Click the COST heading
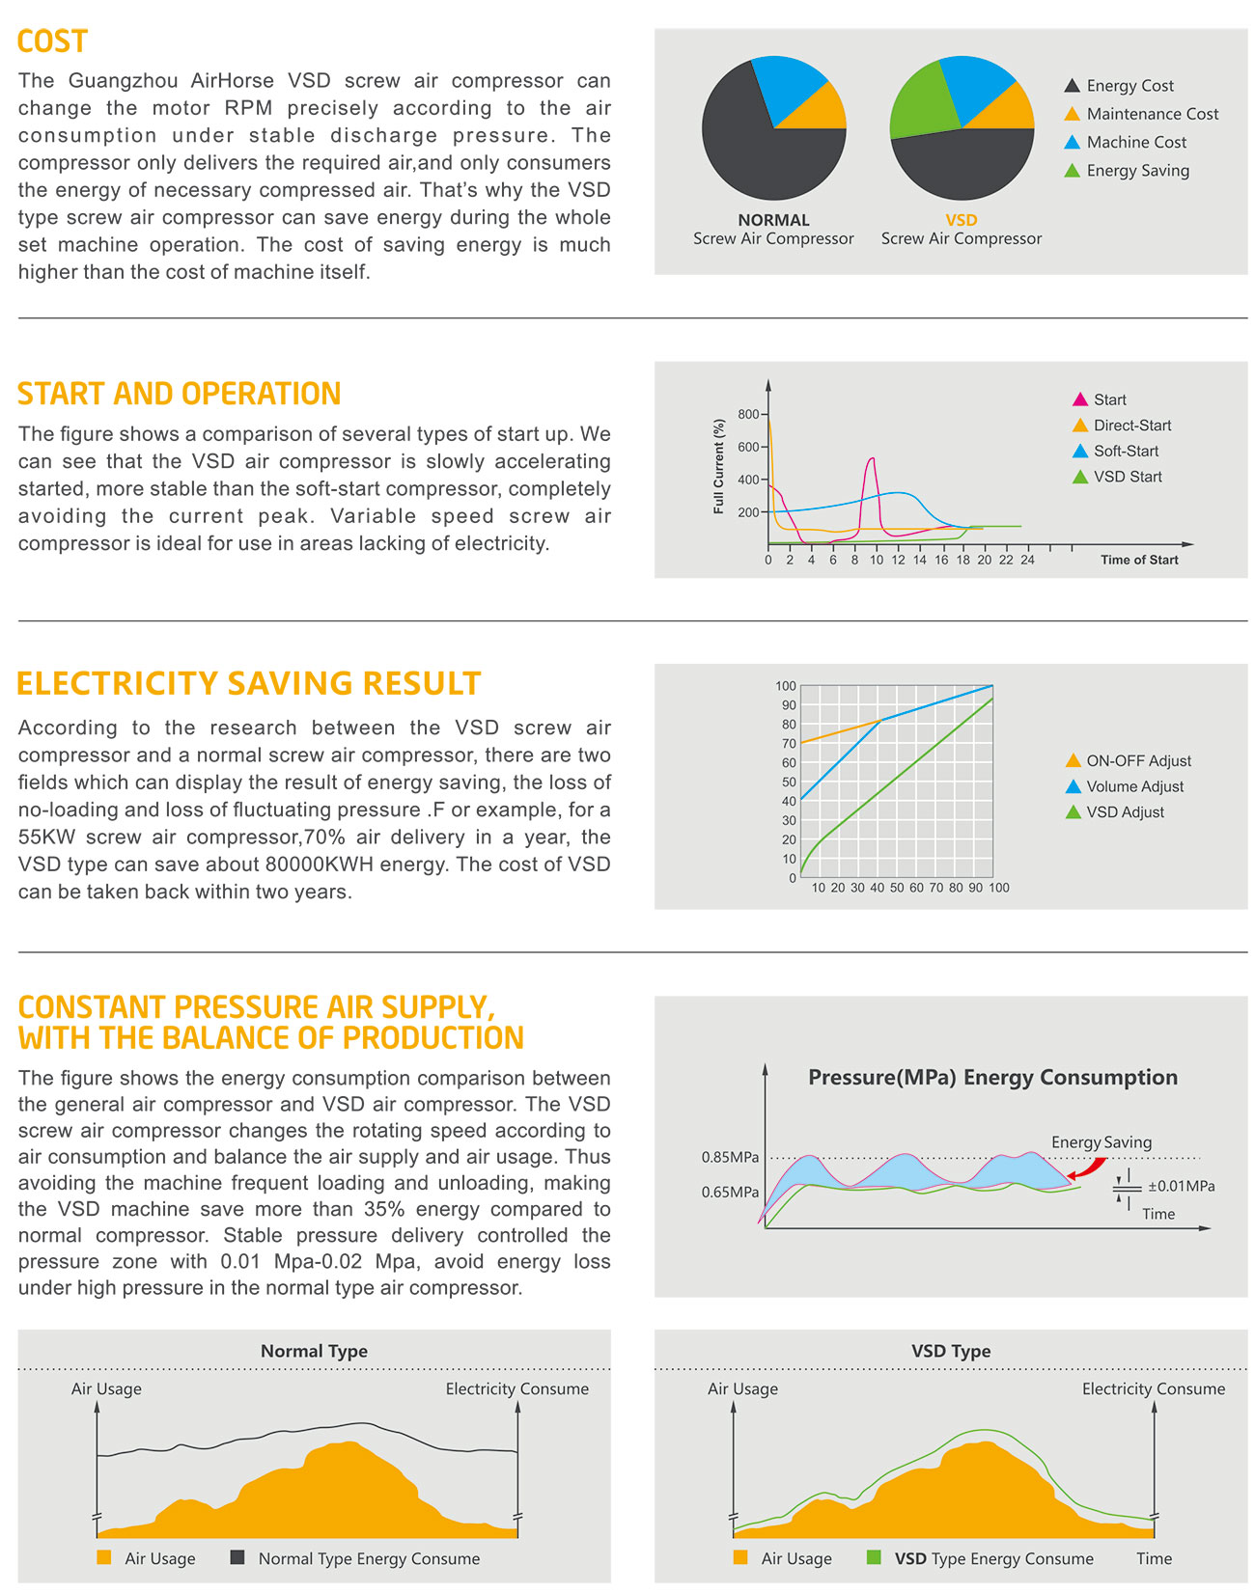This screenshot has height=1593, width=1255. coord(52,41)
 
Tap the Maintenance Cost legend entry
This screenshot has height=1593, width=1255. coord(1152,114)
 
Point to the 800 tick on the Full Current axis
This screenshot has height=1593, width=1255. coord(748,415)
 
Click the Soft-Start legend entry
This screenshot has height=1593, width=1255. coord(1125,451)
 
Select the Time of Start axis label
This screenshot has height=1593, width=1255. coord(1139,560)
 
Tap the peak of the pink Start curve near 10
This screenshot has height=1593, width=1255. coord(873,459)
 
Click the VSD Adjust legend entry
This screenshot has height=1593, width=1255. coord(1125,812)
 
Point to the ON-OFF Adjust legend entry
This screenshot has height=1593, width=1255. coord(1138,760)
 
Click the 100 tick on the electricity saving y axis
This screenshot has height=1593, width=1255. coord(786,686)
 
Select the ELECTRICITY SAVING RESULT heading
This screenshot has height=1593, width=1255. coord(249,683)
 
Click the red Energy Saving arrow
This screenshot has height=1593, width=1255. coord(1087,1168)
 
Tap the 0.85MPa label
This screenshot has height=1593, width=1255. coord(730,1157)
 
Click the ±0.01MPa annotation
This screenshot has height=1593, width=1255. coord(1181,1186)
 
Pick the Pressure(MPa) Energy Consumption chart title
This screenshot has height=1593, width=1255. coord(992,1078)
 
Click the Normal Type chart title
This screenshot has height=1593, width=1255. coord(314,1351)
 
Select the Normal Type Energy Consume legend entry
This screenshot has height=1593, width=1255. coord(368,1558)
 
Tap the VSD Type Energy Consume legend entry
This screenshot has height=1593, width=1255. coord(993,1558)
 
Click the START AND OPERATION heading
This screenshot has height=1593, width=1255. coord(180,394)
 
